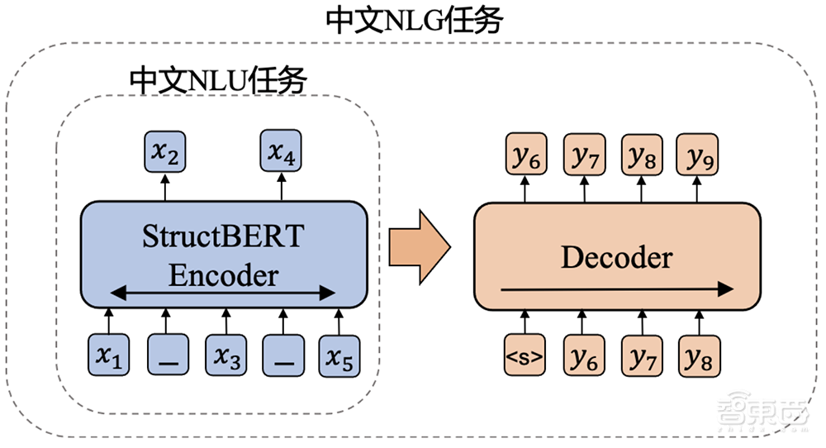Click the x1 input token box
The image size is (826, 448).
(110, 356)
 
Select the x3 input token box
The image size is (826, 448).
(225, 356)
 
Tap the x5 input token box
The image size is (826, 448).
(339, 356)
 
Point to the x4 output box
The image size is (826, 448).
(282, 152)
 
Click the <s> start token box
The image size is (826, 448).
(524, 357)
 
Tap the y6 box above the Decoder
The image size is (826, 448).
(524, 155)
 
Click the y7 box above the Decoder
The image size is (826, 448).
(582, 155)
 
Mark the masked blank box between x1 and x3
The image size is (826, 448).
(167, 356)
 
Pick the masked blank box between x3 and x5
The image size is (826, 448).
(282, 356)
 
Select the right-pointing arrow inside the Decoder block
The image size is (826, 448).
(615, 288)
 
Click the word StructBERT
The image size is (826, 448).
(223, 239)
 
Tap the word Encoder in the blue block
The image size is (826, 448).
(223, 274)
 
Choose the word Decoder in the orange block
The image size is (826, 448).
(616, 257)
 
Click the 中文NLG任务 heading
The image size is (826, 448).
(414, 21)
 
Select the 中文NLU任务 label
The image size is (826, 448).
(219, 80)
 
